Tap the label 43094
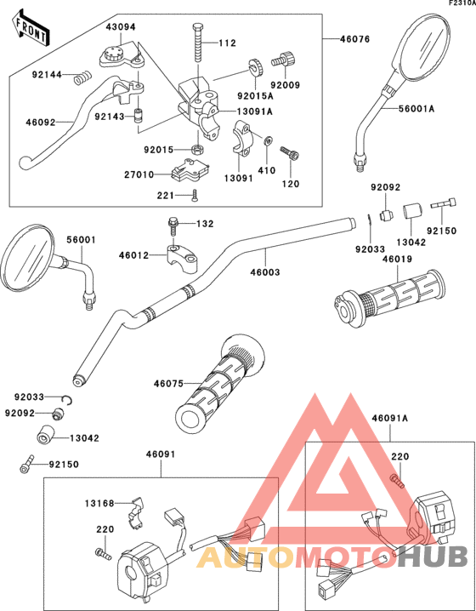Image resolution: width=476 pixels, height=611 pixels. tap(121, 27)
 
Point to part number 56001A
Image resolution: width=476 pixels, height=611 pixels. tap(416, 108)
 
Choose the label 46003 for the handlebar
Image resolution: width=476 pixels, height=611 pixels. tap(265, 273)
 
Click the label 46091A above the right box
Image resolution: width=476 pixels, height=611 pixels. tap(390, 418)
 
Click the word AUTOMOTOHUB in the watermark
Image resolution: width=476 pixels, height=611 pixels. tap(331, 557)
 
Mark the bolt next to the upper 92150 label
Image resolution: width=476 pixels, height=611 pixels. tap(446, 206)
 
